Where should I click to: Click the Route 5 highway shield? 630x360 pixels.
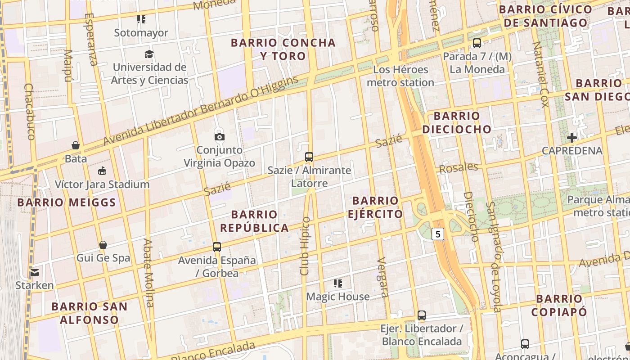click(x=438, y=234)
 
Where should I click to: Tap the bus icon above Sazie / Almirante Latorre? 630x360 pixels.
click(x=309, y=157)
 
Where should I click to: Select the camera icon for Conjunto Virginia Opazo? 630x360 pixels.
click(x=219, y=137)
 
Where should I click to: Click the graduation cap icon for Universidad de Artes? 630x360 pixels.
click(x=149, y=54)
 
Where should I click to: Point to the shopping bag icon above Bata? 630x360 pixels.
click(x=76, y=145)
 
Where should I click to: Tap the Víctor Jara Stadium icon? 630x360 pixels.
click(x=102, y=171)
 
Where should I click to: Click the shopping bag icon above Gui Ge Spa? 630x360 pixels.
click(x=103, y=245)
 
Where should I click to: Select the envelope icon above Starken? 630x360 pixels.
click(x=35, y=272)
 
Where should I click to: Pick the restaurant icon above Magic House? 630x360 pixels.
click(x=338, y=283)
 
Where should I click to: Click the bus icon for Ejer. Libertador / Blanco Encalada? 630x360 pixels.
click(x=422, y=315)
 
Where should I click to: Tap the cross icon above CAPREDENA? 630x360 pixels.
click(x=572, y=137)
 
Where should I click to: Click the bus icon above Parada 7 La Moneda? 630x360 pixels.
click(x=477, y=43)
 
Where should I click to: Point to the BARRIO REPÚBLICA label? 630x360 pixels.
click(x=254, y=221)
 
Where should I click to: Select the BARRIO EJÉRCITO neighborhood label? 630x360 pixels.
click(x=375, y=207)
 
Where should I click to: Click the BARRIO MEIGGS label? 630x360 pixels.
click(x=67, y=202)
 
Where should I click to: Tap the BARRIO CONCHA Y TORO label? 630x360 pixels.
click(x=283, y=49)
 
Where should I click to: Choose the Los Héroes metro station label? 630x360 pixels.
click(x=400, y=76)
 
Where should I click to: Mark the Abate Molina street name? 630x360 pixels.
click(x=148, y=272)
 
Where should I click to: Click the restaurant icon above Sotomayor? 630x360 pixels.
click(x=141, y=19)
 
